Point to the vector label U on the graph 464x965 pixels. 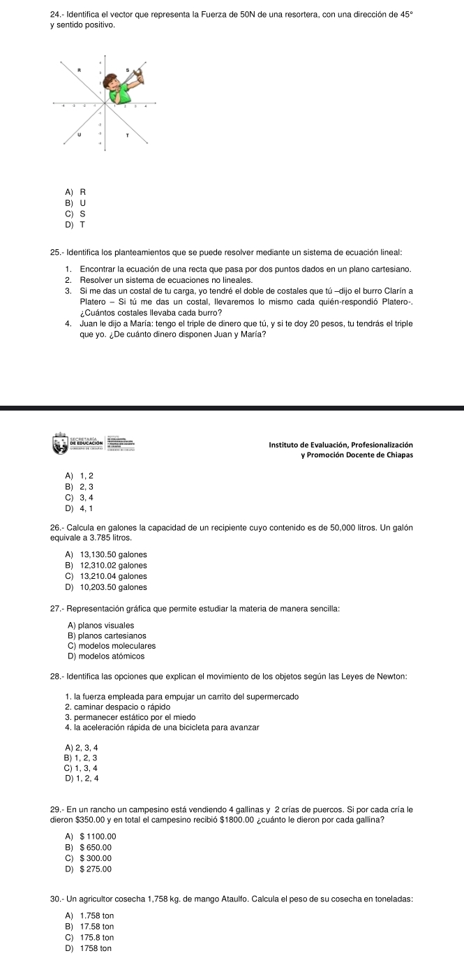tap(80, 135)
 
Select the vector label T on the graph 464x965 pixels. tap(127, 137)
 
